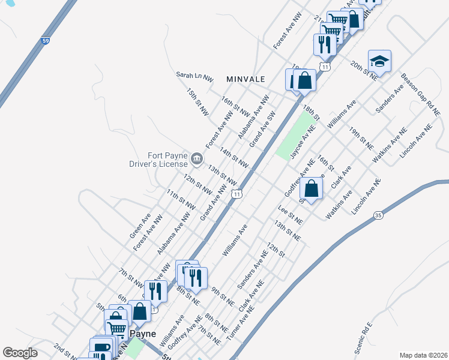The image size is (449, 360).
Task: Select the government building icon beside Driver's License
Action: (197, 159)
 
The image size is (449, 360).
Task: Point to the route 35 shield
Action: (378, 214)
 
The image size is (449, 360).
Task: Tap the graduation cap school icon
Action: (379, 60)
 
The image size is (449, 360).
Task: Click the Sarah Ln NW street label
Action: (194, 76)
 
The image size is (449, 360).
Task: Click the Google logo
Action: (20, 353)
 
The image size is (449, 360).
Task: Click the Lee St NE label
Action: (291, 215)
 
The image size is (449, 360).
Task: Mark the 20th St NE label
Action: (364, 70)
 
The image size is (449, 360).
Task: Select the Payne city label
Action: (143, 334)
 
